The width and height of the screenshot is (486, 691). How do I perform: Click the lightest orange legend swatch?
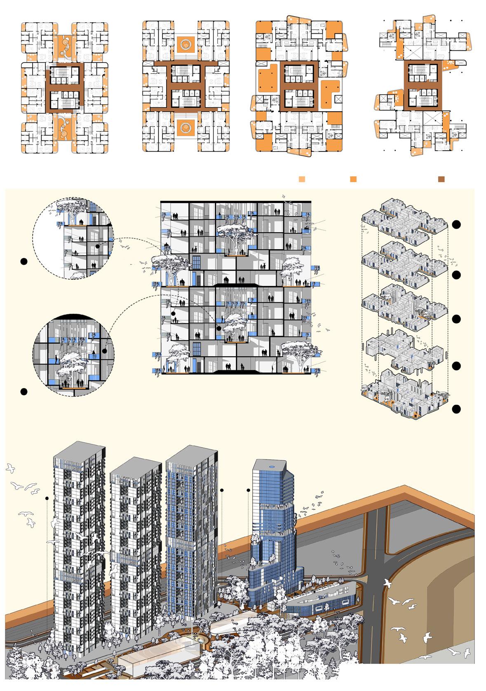302,180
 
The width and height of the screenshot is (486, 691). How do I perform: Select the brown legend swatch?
441,180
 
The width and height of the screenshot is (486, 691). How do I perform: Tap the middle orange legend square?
353,180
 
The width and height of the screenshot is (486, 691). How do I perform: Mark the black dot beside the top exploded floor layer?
456,225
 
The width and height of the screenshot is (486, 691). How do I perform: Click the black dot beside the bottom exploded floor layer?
456,409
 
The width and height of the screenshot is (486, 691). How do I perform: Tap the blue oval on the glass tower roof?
272,465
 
